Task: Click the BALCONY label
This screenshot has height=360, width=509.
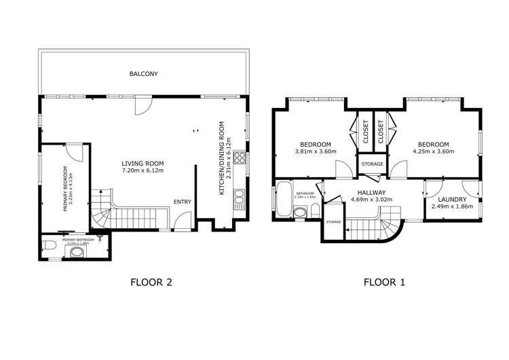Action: click(x=144, y=73)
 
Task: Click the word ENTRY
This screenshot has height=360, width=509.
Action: click(x=183, y=202)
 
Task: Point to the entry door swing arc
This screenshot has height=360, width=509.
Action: click(x=181, y=220)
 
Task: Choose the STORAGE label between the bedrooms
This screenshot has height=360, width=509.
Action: click(x=372, y=164)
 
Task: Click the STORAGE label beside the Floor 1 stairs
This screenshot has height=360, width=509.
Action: click(x=333, y=222)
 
